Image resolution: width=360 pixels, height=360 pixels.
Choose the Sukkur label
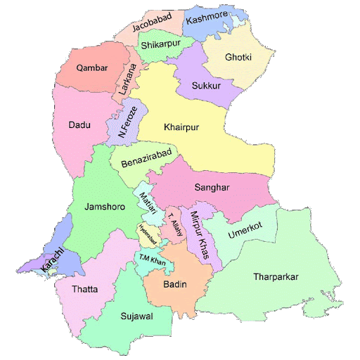click(206, 86)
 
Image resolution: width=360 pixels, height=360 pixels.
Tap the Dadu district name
click(79, 125)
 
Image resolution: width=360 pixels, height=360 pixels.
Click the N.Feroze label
click(127, 121)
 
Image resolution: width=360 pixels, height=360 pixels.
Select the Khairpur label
click(182, 127)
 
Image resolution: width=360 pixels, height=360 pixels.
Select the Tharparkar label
click(276, 276)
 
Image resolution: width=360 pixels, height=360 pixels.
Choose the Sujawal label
click(136, 316)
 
